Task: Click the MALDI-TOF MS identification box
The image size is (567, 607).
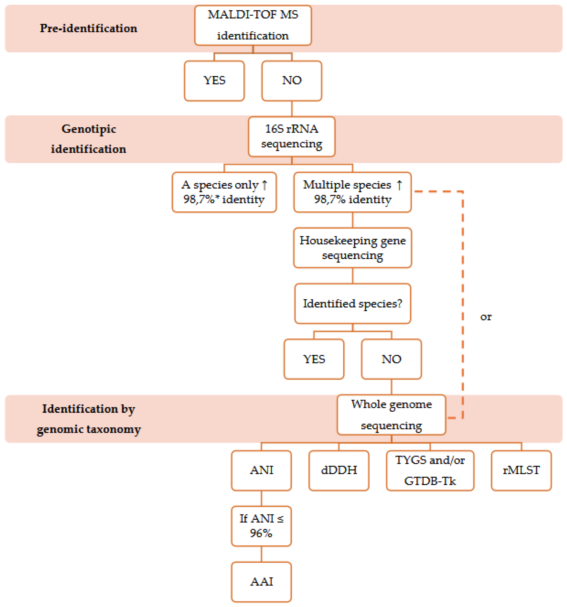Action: tap(253, 25)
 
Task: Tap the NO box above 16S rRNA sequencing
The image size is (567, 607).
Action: tap(292, 81)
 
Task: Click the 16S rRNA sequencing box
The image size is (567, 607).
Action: tap(292, 136)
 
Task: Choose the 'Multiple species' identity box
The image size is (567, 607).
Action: tap(352, 192)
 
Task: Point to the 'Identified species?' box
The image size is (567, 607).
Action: tap(352, 303)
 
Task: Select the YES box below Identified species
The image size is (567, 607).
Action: tap(314, 359)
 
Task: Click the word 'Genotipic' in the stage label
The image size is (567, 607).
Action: tap(89, 129)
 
